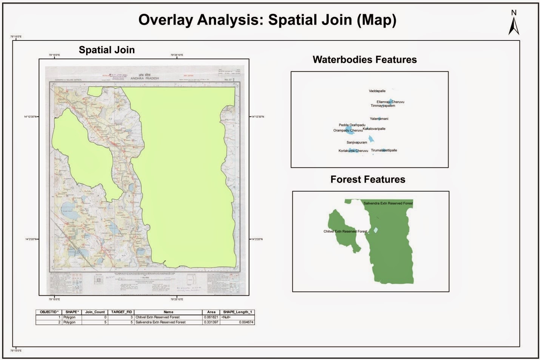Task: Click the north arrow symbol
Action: [514, 23]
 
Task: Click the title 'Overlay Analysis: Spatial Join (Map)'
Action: [267, 20]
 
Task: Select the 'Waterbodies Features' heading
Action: [364, 60]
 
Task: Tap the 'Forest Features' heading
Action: [367, 179]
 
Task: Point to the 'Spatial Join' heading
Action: [106, 50]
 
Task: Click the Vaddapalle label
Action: [377, 91]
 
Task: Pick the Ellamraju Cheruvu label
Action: [390, 102]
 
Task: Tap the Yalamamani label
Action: [379, 119]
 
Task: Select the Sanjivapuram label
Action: [356, 142]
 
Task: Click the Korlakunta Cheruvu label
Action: [353, 151]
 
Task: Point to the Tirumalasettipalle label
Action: [384, 150]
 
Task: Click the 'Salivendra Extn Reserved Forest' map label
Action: [388, 203]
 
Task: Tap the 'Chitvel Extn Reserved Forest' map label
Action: [345, 231]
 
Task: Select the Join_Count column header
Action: [95, 312]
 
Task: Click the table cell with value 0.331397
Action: [211, 322]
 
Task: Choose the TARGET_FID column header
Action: [121, 312]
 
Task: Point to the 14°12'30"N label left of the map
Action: [31, 117]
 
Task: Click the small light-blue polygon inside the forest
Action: [375, 230]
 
